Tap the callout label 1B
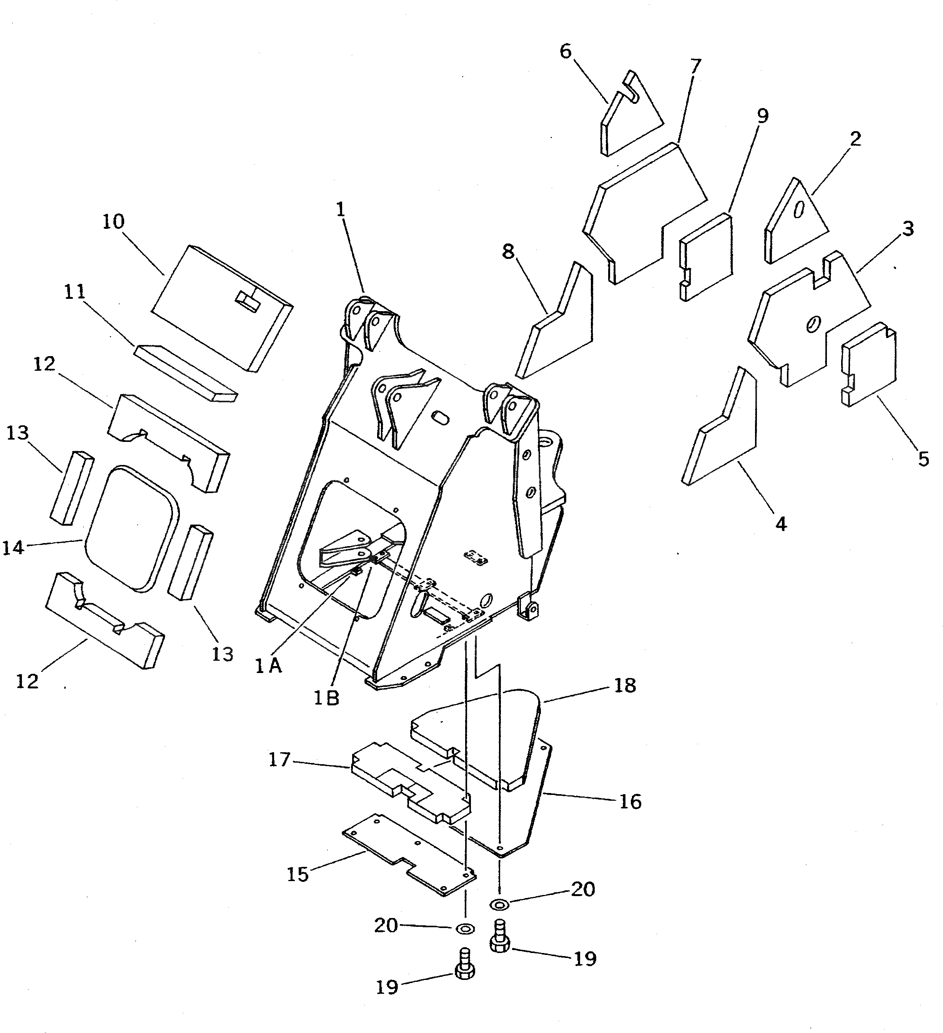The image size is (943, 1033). [x=326, y=698]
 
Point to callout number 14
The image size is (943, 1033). [x=13, y=547]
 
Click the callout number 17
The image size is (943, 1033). [x=280, y=760]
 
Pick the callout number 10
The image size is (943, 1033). [x=113, y=222]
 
